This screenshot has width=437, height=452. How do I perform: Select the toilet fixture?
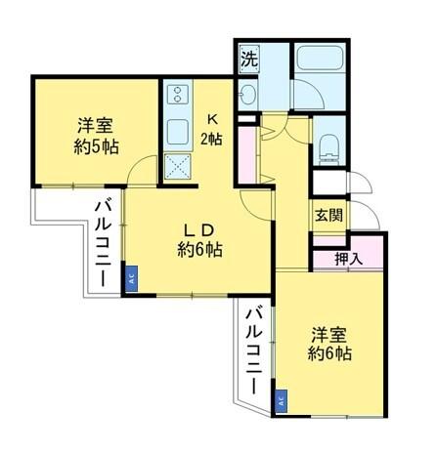(330, 144)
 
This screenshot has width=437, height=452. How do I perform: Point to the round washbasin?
(248, 95)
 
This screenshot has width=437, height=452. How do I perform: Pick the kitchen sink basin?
(178, 131)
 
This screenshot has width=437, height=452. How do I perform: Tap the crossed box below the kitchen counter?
(178, 167)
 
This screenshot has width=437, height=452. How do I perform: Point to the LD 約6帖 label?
(199, 240)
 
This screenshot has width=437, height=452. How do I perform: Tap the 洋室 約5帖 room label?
(95, 137)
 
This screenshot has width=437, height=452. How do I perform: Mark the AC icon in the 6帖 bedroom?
(282, 400)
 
